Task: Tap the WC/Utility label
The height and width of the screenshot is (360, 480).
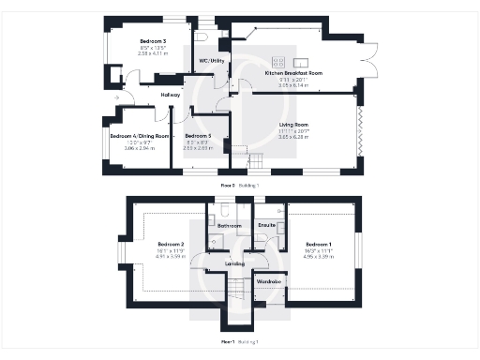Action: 211,61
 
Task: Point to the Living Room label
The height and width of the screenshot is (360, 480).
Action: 294,124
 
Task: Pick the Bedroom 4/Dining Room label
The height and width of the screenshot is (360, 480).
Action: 139,136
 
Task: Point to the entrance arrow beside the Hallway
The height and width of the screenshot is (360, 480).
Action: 115,97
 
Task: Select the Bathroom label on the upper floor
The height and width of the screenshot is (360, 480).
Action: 230,227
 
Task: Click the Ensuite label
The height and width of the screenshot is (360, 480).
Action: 265,227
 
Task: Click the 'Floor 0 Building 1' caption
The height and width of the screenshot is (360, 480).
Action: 240,186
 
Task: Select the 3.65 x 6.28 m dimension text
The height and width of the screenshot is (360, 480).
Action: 294,137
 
